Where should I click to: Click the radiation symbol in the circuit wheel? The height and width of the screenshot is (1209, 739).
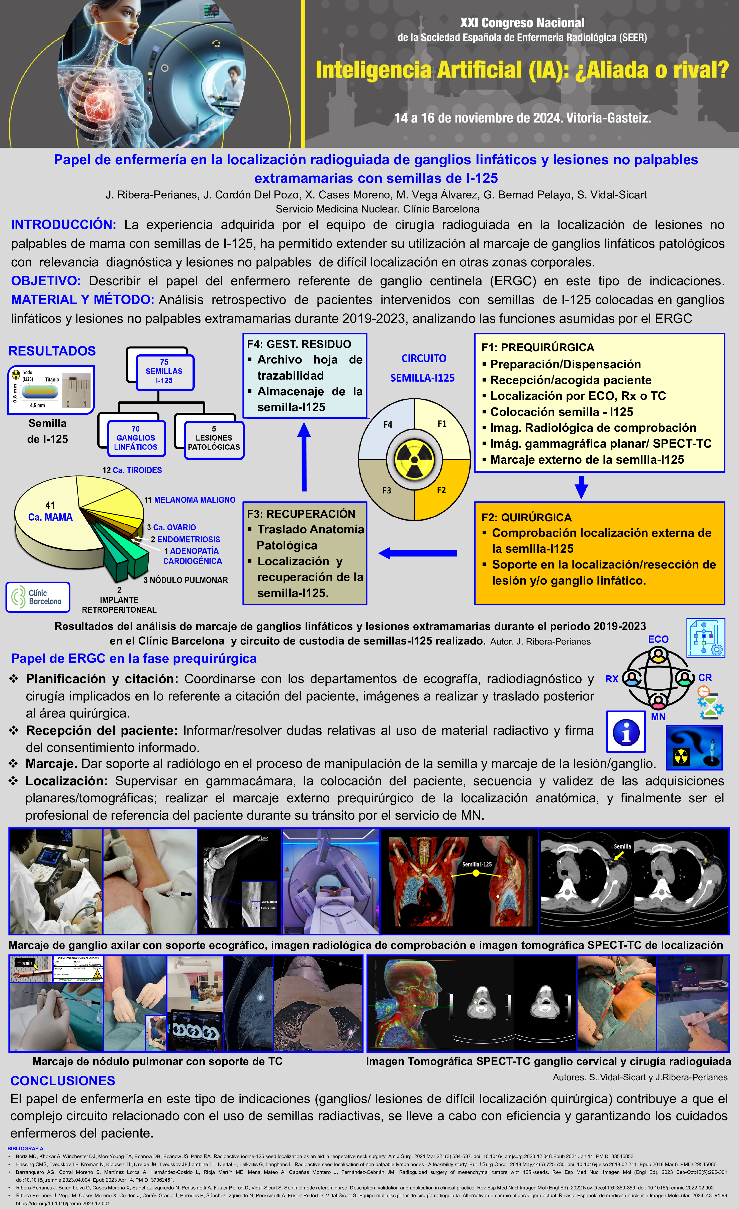(x=414, y=460)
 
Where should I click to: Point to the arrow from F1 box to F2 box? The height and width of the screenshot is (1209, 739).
(x=581, y=487)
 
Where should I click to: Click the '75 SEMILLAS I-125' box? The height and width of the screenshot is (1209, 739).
(x=164, y=372)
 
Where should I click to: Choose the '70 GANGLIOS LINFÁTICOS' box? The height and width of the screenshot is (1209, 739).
(x=136, y=438)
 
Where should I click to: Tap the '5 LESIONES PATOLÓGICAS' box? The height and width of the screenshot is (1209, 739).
(x=214, y=438)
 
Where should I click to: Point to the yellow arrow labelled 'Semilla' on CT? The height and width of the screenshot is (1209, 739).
(x=619, y=855)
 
